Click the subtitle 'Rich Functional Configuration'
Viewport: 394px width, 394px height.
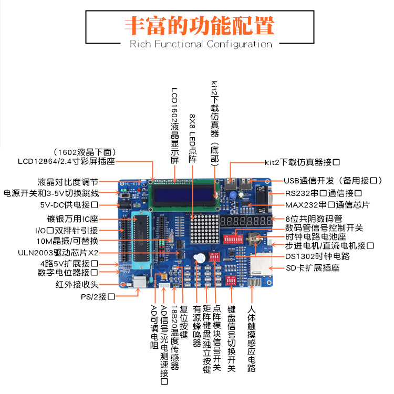(x=201, y=44)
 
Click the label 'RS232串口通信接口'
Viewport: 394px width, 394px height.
(x=324, y=193)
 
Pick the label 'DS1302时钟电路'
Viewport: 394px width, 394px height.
(x=318, y=256)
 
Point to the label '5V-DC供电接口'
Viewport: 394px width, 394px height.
(x=69, y=205)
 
